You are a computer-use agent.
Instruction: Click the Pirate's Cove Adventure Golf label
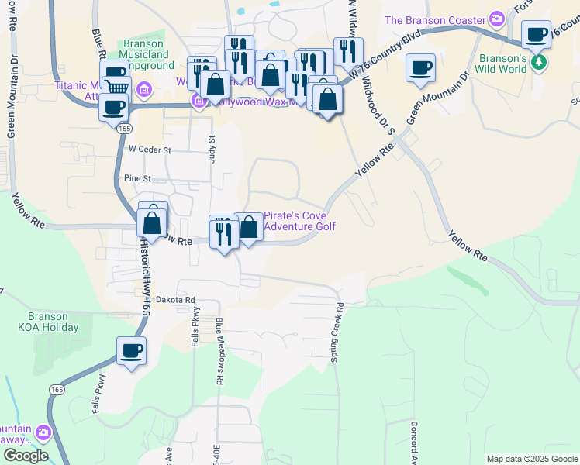coord(300,221)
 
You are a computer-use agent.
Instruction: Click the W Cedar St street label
coord(149,149)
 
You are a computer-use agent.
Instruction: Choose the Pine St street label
coord(136,177)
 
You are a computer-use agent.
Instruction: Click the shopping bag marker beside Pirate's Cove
coord(249,228)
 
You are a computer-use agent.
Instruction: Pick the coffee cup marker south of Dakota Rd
coord(131,351)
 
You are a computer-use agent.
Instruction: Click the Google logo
coord(25,456)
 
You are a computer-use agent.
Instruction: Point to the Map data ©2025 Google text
coord(531,459)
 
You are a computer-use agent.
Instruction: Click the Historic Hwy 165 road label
coord(144,275)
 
